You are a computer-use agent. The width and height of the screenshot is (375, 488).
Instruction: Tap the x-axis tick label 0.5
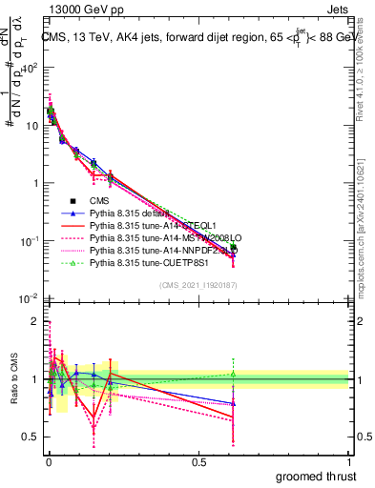tap(198, 461)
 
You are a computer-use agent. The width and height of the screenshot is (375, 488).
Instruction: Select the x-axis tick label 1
tap(348, 461)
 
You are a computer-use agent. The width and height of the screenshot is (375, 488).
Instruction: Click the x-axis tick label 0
tap(48, 461)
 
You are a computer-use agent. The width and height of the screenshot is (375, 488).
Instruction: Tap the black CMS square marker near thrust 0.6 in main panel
tap(233, 250)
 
